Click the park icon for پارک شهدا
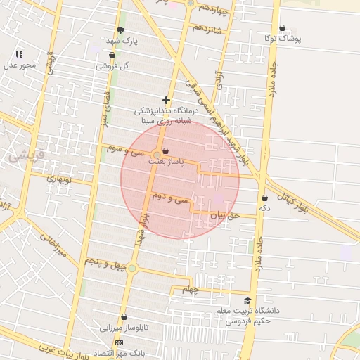120,30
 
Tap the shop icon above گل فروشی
112,55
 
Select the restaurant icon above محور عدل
19,53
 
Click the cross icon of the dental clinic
166,100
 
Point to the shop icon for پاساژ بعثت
165,151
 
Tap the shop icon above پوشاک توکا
283,28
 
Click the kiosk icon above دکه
264,198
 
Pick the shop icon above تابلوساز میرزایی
124,317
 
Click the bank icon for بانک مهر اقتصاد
119,342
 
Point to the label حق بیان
226,216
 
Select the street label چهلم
191,290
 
